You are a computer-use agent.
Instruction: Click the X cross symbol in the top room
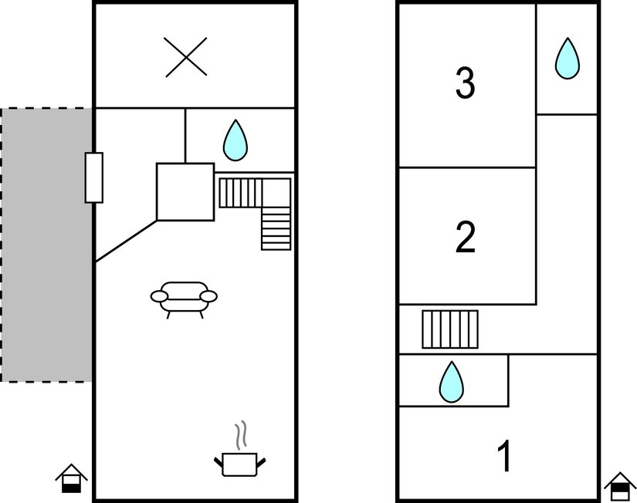[x=185, y=57]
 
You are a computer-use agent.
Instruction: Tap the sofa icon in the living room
[x=184, y=299]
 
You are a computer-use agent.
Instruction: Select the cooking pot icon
[x=239, y=464]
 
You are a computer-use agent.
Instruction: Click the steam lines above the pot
[x=241, y=435]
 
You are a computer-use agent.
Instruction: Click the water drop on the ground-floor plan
[x=235, y=140]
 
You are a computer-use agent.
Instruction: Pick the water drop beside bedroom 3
[x=568, y=59]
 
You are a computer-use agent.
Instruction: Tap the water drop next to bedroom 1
[x=452, y=382]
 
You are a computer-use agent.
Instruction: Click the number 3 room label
[x=465, y=83]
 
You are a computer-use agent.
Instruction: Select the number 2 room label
[x=466, y=237]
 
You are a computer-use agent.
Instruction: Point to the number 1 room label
[x=504, y=456]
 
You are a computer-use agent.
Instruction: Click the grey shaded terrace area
[x=47, y=245]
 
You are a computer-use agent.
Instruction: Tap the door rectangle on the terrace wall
[x=94, y=177]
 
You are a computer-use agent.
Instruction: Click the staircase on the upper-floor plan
[x=450, y=329]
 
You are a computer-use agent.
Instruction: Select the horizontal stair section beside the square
[x=240, y=193]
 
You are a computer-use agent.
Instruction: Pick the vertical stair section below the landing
[x=276, y=228]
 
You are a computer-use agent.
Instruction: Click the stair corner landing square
[x=276, y=193]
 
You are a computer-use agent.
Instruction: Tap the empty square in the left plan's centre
[x=185, y=192]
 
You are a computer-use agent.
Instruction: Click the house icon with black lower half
[x=72, y=478]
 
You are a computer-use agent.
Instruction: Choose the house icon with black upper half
[x=620, y=487]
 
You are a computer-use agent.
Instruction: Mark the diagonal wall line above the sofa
[x=126, y=241]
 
